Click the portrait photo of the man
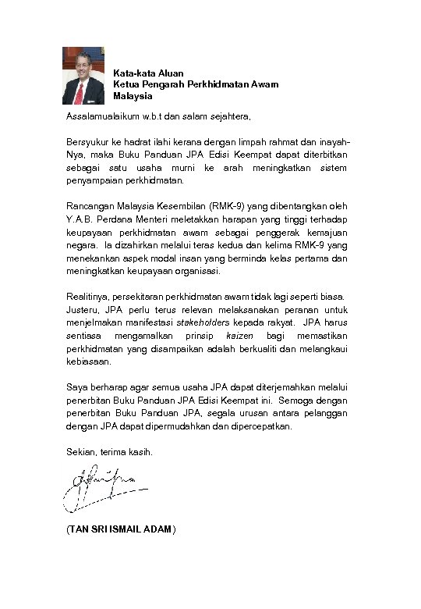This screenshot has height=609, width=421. (83, 76)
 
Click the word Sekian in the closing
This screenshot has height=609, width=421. (80, 452)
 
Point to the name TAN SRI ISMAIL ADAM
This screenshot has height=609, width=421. (122, 529)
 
